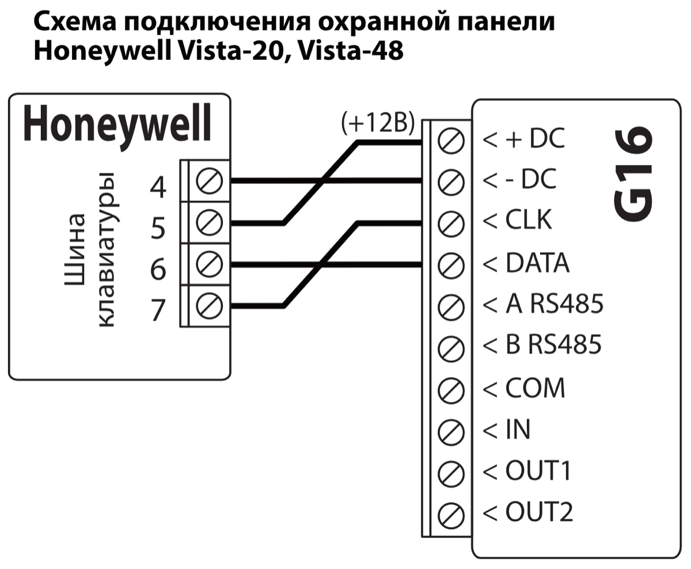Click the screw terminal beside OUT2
click(451, 513)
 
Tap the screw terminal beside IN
click(451, 430)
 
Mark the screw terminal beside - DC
click(451, 182)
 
